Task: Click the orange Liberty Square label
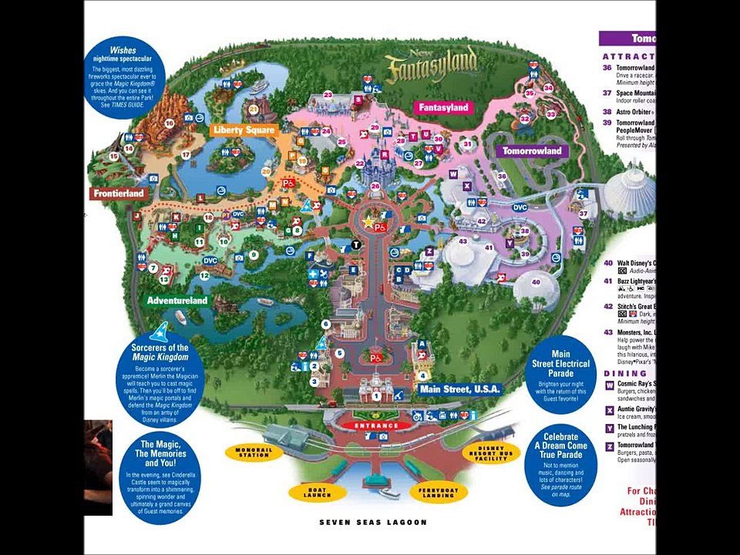pos(242,130)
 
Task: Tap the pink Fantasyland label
pos(443,108)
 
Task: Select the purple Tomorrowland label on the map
pos(532,151)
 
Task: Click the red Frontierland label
pos(119,193)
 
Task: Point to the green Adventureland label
pos(177,301)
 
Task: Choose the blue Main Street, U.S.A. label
pos(459,389)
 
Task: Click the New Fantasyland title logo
pos(431,67)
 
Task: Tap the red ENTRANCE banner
pos(376,425)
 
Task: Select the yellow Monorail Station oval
pos(254,453)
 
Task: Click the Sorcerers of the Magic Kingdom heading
pos(160,352)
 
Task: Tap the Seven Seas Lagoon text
pos(373,523)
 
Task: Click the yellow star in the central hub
pos(369,222)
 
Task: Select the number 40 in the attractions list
pos(607,263)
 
